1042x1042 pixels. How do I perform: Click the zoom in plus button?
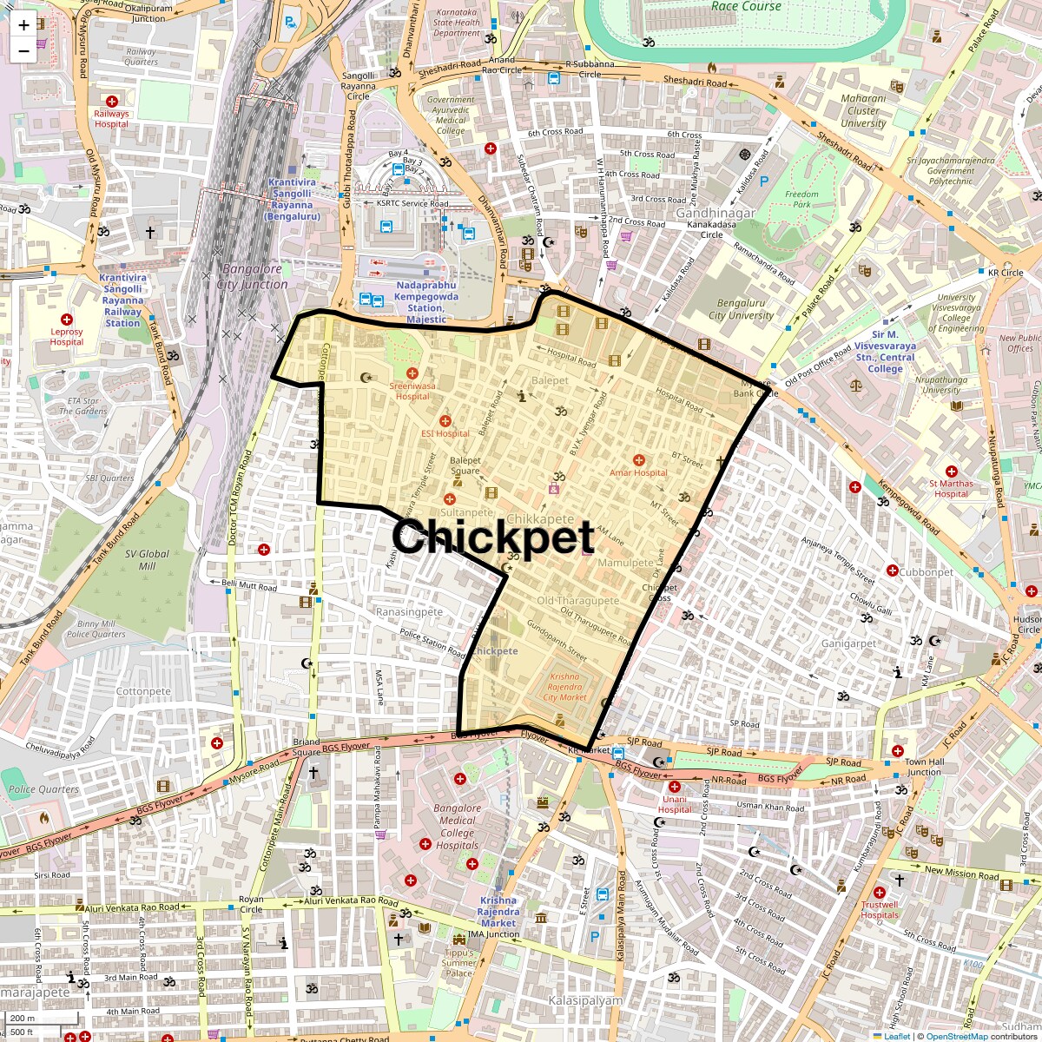[23, 24]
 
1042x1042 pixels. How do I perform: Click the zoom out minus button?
[23, 50]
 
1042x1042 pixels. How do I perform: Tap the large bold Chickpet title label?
[492, 537]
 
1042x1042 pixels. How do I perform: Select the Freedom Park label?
[801, 200]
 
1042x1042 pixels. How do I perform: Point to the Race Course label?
[746, 6]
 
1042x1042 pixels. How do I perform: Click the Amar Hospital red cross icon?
[638, 459]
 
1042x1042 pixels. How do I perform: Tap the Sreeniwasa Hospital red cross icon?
[412, 373]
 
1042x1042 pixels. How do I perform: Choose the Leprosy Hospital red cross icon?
[67, 320]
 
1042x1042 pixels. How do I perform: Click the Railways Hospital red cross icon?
[111, 100]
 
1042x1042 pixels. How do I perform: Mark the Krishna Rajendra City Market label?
[564, 686]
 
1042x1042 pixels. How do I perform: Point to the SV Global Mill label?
[148, 559]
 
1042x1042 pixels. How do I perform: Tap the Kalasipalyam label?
[585, 1000]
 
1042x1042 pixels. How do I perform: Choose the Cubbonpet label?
[926, 572]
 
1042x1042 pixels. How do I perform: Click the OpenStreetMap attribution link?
[956, 1036]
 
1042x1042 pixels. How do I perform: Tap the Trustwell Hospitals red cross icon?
[880, 892]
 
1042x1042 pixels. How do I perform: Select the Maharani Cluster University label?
[863, 110]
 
